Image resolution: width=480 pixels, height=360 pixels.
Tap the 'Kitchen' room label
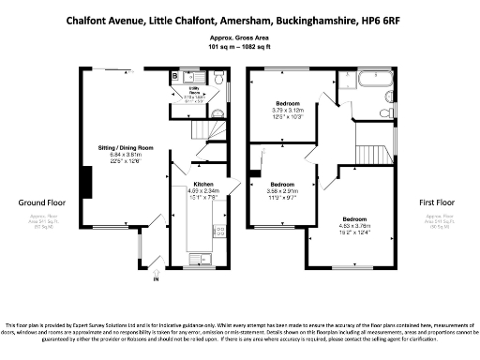(x=203, y=184)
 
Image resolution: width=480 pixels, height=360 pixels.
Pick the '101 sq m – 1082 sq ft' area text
(x=240, y=46)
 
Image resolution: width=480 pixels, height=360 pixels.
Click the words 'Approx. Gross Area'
(x=240, y=37)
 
